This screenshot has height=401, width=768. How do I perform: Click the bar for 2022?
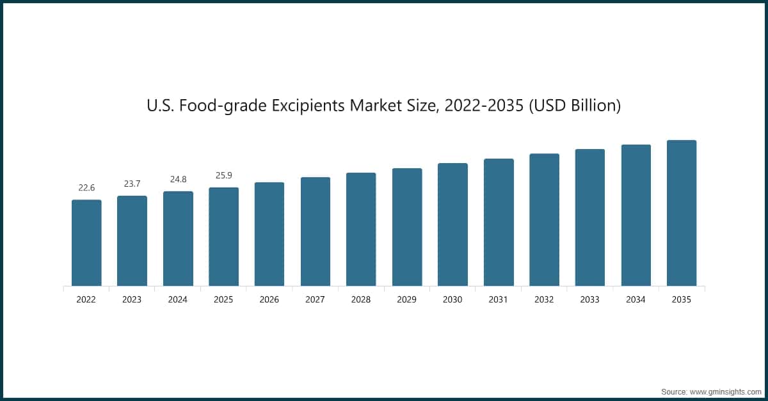[x=86, y=243]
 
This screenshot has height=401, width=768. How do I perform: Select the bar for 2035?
[x=682, y=213]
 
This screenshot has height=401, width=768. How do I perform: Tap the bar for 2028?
[x=361, y=230]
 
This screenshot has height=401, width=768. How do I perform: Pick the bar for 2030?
[x=452, y=224]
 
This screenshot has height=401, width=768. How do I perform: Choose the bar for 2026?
[x=269, y=234]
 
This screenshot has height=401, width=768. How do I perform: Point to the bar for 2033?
[x=590, y=217]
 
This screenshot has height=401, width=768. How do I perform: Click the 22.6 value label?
[x=86, y=188]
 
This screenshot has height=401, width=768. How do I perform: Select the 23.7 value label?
[x=132, y=184]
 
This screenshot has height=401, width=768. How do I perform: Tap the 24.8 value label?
[x=178, y=180]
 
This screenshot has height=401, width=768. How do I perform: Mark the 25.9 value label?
[x=224, y=176]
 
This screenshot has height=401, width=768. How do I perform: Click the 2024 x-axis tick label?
[x=178, y=299]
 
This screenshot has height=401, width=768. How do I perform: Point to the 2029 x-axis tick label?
[x=407, y=299]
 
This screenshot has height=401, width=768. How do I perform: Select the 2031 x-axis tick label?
[x=499, y=299]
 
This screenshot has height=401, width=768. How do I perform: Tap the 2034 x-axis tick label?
[x=636, y=299]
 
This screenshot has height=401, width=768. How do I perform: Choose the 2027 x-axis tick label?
[x=316, y=299]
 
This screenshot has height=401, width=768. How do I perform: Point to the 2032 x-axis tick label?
[x=545, y=299]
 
